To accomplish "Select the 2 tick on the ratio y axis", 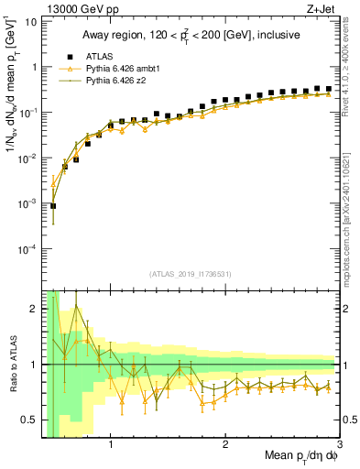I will coord(34,309).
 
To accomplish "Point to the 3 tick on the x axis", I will coord(338,444).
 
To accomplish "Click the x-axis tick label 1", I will coord(111,444).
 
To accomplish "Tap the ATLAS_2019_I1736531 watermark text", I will coord(190,274).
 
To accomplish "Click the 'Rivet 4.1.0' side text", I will coord(352,60).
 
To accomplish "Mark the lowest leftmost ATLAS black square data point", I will coord(54,206).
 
